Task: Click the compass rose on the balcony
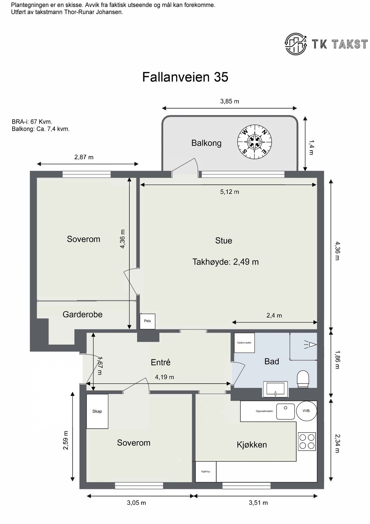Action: point(255,143)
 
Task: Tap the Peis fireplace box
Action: point(148,321)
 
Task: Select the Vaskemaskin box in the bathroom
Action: point(244,343)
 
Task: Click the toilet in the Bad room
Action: point(303,379)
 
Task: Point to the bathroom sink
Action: point(275,390)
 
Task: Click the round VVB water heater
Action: point(306,411)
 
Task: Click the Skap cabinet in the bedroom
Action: point(97,411)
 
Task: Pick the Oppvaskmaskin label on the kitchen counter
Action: point(264,411)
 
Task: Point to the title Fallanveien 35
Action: point(185,77)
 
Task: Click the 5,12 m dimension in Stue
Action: point(230,192)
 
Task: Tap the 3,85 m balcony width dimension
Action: point(230,101)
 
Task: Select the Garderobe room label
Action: point(83,314)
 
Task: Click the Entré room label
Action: point(161,362)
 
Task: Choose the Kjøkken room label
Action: point(252,445)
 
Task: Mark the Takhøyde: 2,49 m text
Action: point(226,262)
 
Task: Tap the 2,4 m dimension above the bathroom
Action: point(274,315)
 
